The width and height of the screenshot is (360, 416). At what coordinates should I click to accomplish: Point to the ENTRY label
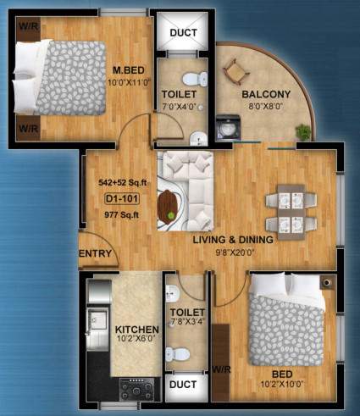point(95,254)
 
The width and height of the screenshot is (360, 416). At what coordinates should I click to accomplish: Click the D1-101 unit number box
point(121,199)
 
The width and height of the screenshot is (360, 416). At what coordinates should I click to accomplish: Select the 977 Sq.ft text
point(121,214)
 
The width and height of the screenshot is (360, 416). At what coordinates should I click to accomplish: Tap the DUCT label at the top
point(183,33)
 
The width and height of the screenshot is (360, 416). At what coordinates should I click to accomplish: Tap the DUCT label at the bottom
point(183,384)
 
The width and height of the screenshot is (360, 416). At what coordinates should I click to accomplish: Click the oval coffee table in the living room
point(169,204)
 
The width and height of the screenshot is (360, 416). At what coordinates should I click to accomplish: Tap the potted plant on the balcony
point(302,131)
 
